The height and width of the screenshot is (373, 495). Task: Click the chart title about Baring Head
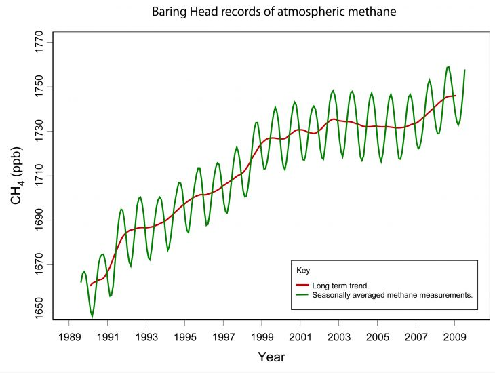254,12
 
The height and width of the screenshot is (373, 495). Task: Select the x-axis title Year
271,357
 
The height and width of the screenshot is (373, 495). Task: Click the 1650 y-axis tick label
39,310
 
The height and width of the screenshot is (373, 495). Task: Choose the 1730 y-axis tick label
39,131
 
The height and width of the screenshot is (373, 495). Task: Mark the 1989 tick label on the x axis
69,336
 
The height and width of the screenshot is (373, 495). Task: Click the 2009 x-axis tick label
453,336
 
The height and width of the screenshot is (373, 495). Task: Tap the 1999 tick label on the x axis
261,336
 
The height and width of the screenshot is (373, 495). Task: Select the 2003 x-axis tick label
338,336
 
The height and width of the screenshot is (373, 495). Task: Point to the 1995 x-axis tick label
184,336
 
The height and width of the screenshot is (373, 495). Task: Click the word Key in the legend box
303,270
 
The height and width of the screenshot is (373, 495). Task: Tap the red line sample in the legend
303,286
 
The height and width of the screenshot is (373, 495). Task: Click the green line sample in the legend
303,294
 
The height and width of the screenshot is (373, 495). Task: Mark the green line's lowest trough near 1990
92,316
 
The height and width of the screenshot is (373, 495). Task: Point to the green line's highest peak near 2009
448,66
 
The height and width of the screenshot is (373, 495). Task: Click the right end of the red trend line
455,96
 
